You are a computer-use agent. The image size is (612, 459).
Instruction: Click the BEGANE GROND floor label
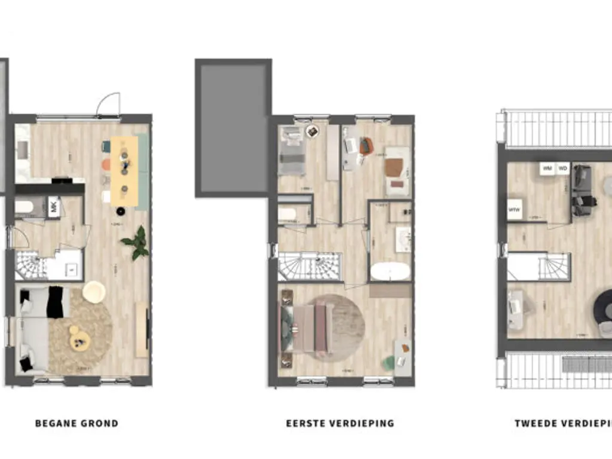(x=76, y=424)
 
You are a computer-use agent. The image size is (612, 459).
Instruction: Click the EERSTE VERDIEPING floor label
(x=340, y=424)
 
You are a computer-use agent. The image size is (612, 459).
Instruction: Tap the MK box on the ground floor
(x=54, y=208)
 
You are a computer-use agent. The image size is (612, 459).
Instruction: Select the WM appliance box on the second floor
(x=547, y=169)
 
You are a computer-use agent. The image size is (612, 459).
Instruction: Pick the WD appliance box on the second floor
(x=562, y=169)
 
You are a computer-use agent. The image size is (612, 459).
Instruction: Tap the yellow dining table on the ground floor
(x=124, y=170)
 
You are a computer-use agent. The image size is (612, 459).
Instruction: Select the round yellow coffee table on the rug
(x=79, y=341)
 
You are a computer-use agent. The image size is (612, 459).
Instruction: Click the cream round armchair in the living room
(x=94, y=292)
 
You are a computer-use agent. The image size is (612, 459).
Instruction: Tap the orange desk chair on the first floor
(x=366, y=146)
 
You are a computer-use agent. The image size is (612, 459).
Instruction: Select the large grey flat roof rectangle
(x=233, y=128)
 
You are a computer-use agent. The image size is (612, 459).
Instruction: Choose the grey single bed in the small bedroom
(x=292, y=152)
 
